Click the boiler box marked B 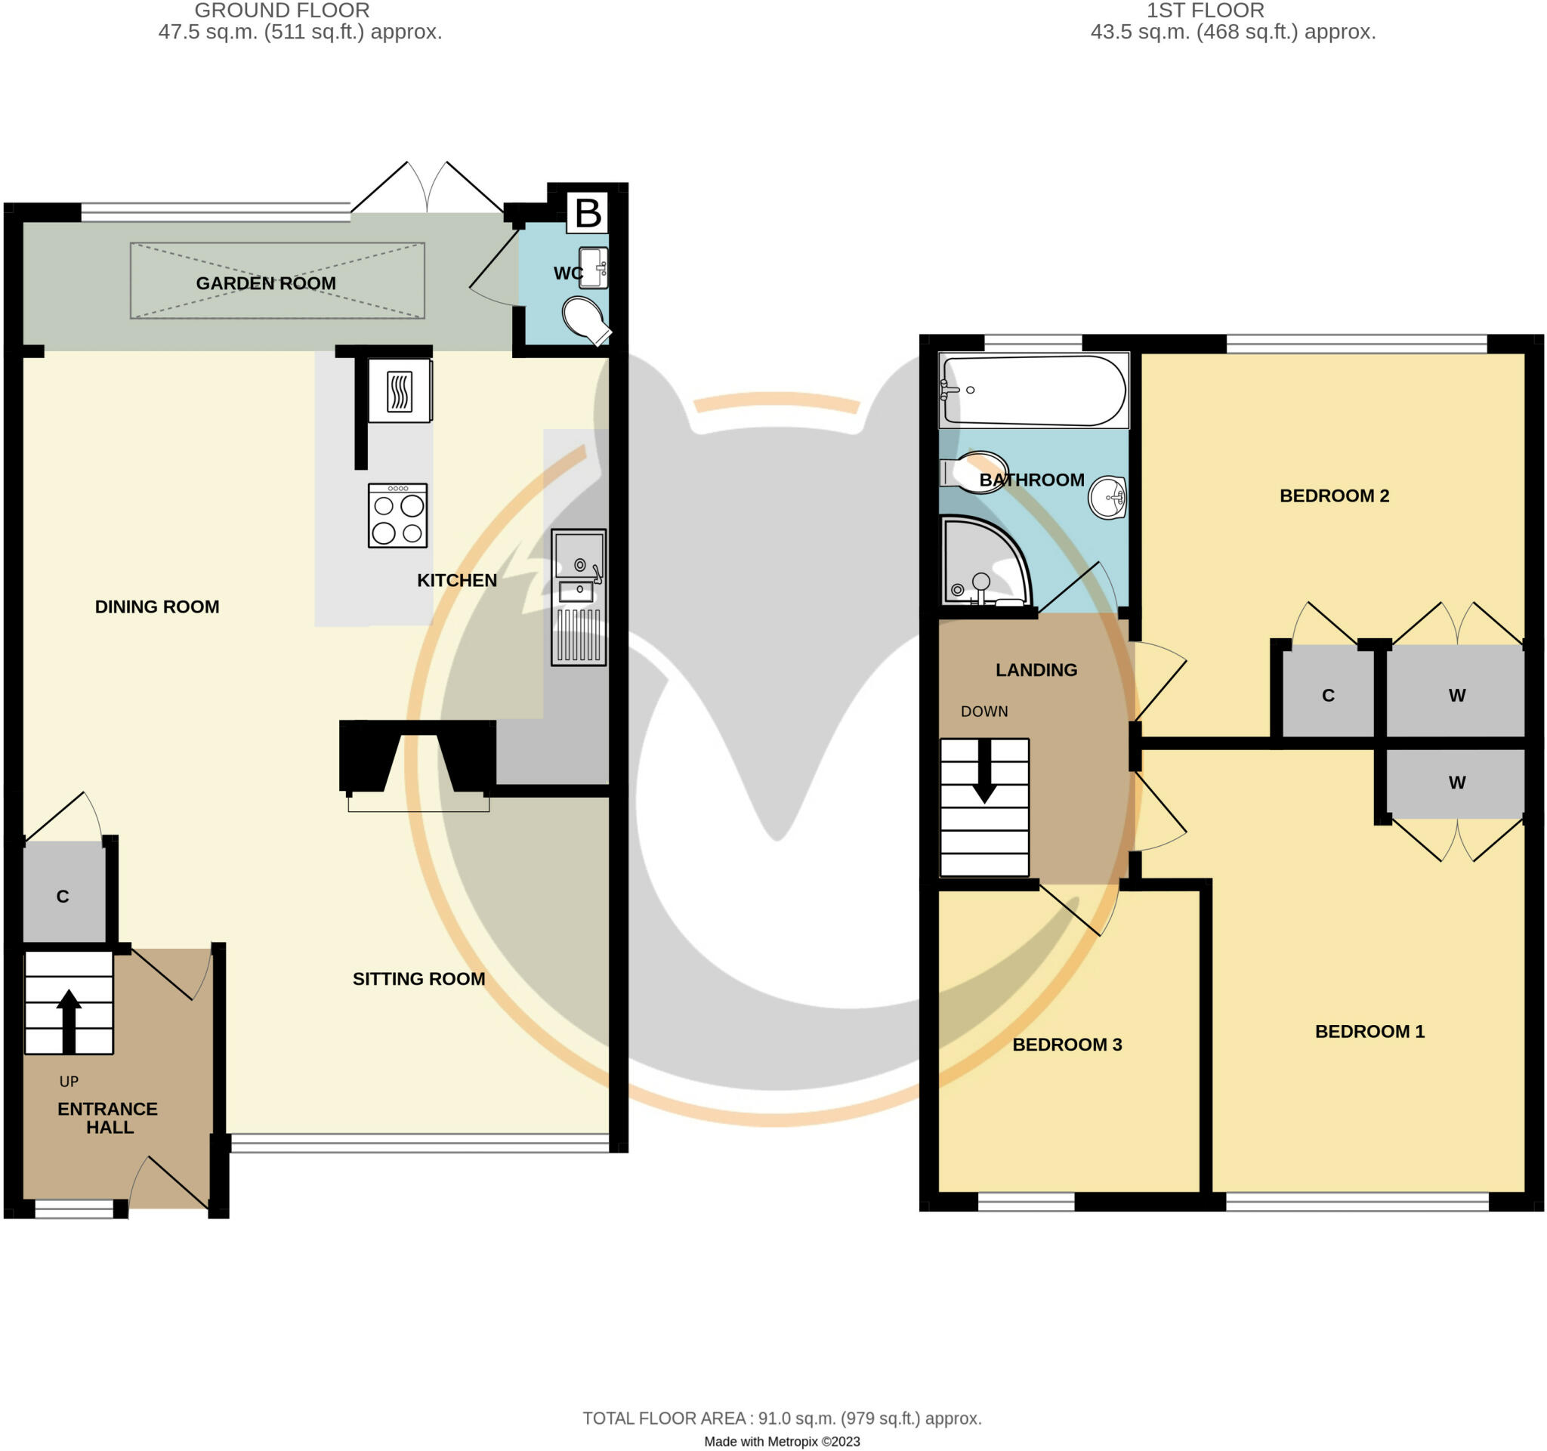coord(588,212)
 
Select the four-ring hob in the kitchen coord(397,516)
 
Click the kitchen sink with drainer coord(578,597)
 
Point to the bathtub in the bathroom coord(1033,391)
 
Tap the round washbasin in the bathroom coord(1107,497)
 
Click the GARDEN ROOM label coord(266,283)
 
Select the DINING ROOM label coord(157,607)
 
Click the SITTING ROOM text coord(418,979)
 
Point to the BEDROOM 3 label coord(1067,1044)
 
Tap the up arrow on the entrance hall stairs coord(69,1020)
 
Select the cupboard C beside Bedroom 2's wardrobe coord(1327,696)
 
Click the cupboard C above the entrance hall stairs coord(63,897)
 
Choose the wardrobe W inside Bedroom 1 coord(1456,783)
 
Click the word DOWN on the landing coord(983,711)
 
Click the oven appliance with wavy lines coord(399,391)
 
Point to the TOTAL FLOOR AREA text coord(782,1419)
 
